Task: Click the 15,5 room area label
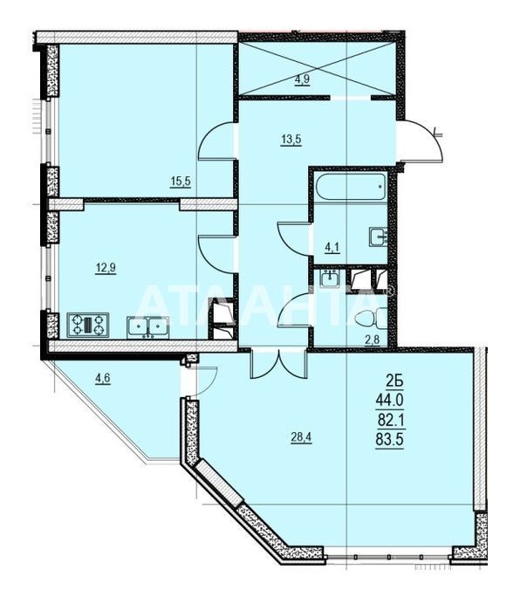click(x=181, y=182)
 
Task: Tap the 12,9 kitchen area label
click(x=106, y=268)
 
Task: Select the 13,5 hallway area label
click(x=291, y=139)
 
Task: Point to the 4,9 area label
click(x=302, y=79)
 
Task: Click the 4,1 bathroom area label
click(x=332, y=247)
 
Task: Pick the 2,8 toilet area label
click(x=372, y=340)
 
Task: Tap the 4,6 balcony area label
click(x=103, y=378)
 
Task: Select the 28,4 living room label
click(x=302, y=438)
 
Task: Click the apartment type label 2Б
click(x=394, y=381)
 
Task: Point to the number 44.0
click(x=389, y=400)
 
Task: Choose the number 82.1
click(x=390, y=420)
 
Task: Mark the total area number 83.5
click(x=389, y=440)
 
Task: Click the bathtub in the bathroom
click(x=351, y=187)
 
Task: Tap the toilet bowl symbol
click(x=371, y=319)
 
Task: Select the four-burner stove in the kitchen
click(x=88, y=325)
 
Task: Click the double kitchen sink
click(x=147, y=327)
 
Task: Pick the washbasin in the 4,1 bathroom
click(x=378, y=237)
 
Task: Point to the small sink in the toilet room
click(x=330, y=278)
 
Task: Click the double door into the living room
click(x=279, y=364)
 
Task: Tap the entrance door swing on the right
click(x=421, y=141)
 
